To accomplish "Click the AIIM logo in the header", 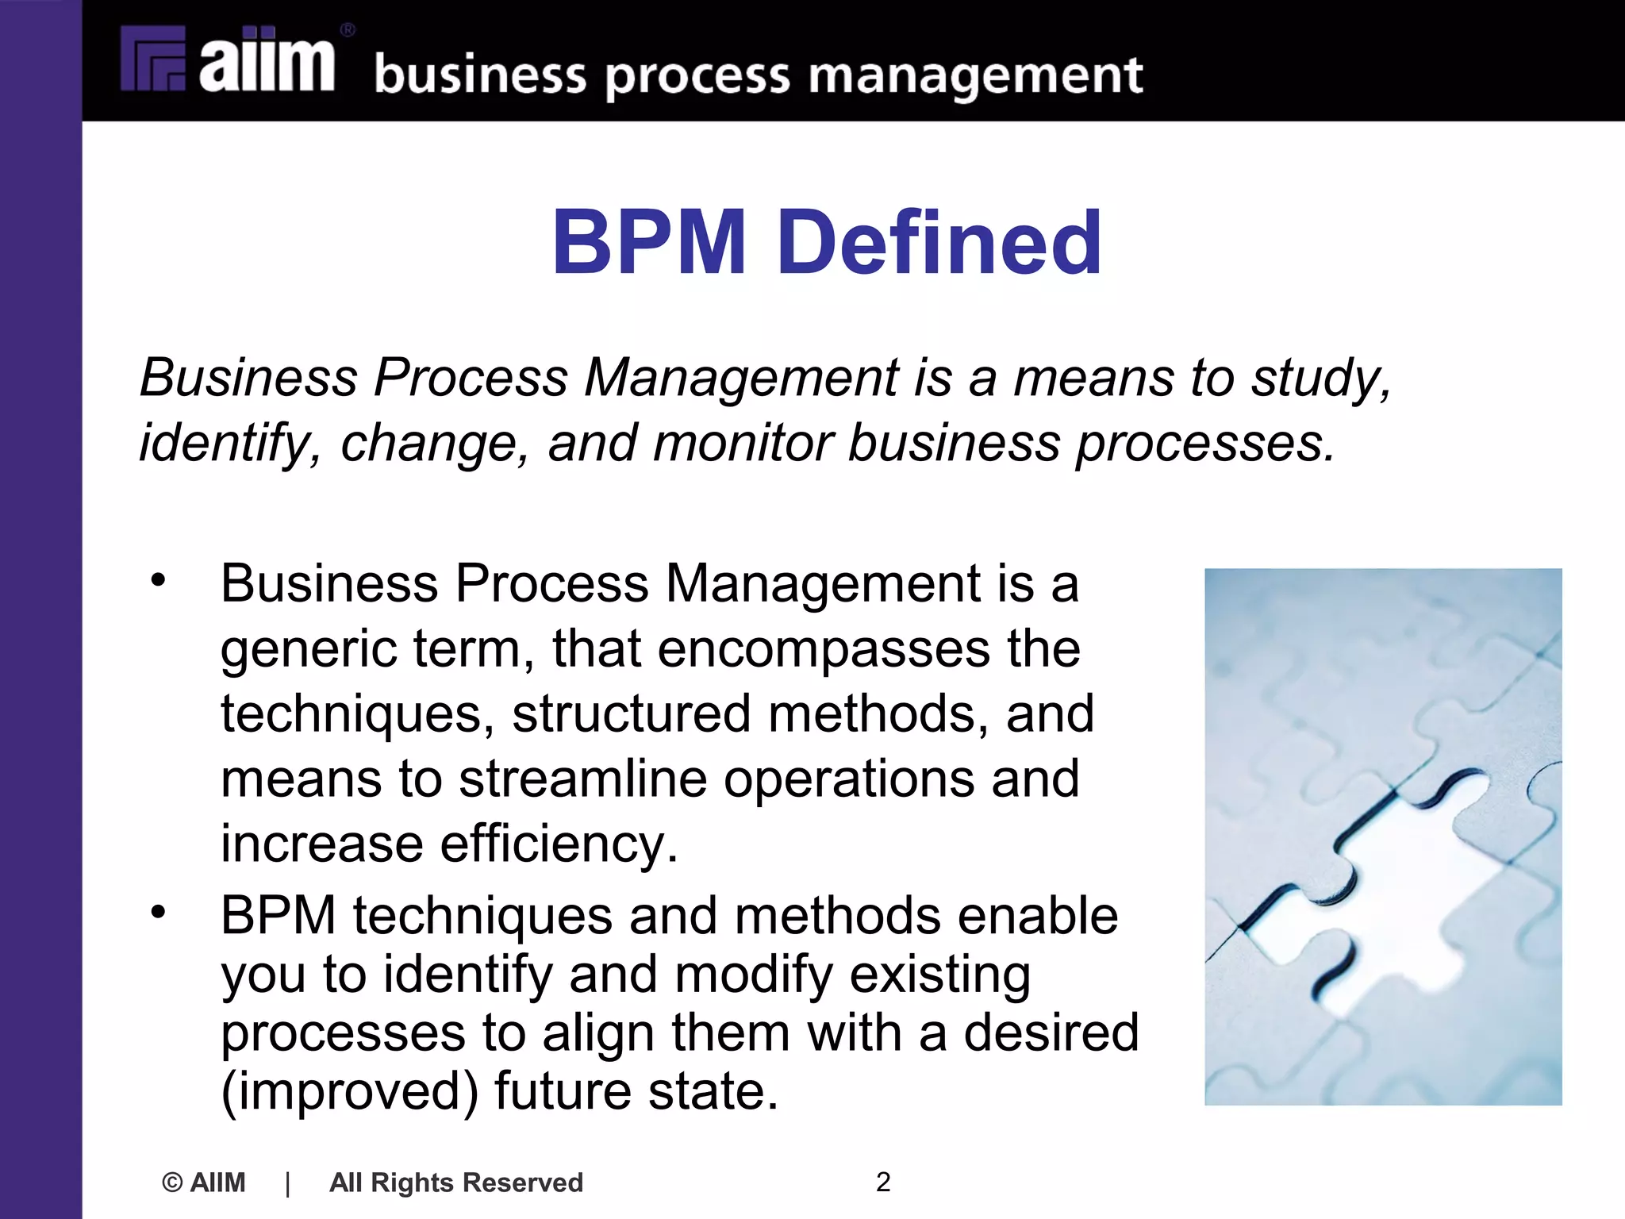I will [230, 60].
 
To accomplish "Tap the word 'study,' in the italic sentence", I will [1320, 379].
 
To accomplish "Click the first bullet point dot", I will [159, 579].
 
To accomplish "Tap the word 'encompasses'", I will [824, 649].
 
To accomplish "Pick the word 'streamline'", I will [582, 779].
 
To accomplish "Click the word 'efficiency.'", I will [559, 843].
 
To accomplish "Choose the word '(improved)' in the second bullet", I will [349, 1092].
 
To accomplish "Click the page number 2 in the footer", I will [883, 1182].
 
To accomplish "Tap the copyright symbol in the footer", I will [171, 1182].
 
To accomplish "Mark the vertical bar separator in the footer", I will [287, 1182].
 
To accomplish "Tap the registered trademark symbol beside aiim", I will [348, 31].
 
